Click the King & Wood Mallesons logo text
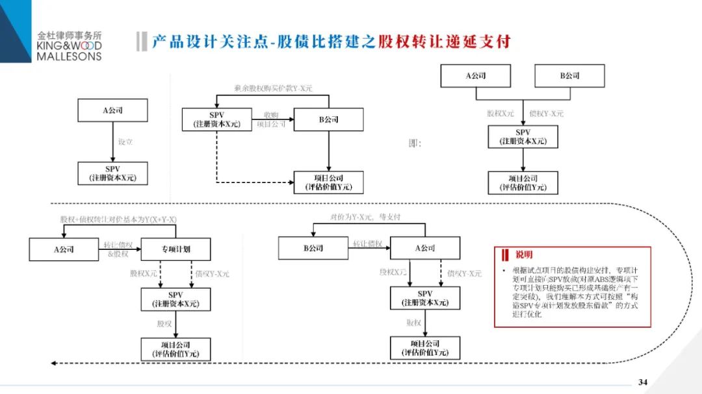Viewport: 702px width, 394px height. [70, 46]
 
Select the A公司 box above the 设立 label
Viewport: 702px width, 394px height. [112, 110]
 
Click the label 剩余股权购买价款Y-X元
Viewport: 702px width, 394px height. [274, 88]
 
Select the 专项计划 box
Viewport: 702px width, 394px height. [175, 249]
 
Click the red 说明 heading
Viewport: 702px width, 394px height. [523, 254]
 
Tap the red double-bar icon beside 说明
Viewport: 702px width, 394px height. [505, 254]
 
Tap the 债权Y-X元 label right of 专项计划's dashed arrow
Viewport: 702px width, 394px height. [212, 274]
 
